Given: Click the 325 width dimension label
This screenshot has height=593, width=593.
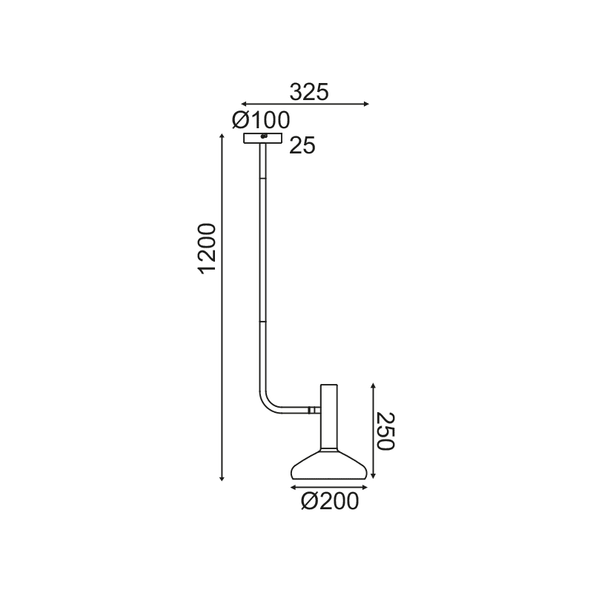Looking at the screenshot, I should click(x=308, y=92).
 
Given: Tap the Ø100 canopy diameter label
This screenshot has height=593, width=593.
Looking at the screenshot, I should click(x=260, y=119).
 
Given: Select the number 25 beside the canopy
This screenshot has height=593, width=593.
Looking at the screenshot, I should click(x=302, y=146).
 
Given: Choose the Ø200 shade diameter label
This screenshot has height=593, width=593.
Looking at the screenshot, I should click(x=330, y=502).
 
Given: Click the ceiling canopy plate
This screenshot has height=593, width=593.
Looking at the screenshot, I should click(x=263, y=138).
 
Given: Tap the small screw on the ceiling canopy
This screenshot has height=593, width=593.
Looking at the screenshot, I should click(x=264, y=136).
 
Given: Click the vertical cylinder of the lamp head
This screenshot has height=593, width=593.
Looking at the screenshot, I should click(x=329, y=415).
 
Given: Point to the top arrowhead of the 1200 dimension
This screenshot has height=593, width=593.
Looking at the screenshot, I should click(x=222, y=136).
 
